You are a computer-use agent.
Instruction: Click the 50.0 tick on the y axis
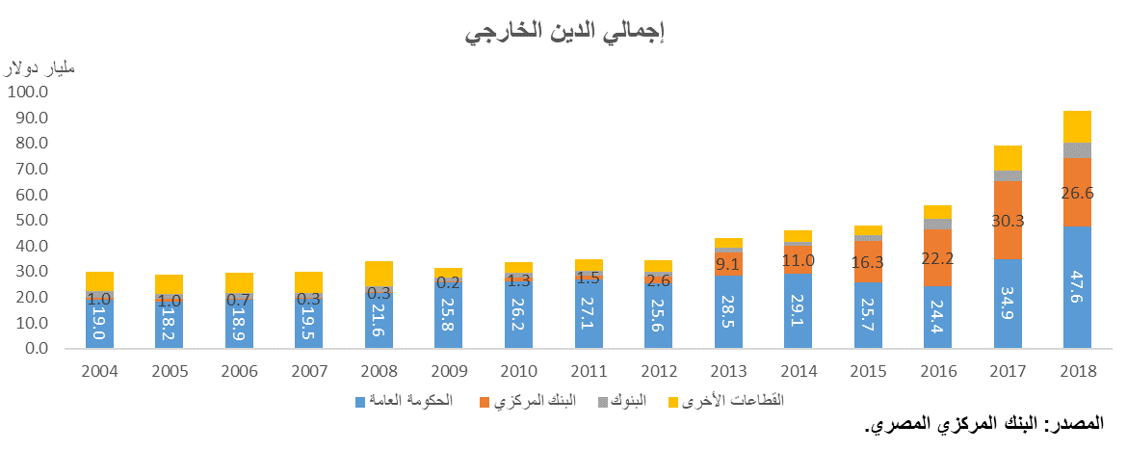point(30,221)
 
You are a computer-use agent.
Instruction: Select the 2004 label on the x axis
point(99,371)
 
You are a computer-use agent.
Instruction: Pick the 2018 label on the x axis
point(1077,371)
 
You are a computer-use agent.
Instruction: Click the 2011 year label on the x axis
point(589,371)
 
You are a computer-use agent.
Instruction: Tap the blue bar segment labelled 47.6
point(1077,287)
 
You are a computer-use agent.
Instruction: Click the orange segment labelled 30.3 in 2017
point(1008,220)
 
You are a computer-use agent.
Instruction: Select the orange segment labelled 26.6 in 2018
point(1077,193)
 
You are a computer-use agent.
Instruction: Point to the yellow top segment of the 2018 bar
point(1077,126)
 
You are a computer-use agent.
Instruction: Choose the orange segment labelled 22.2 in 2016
point(937,257)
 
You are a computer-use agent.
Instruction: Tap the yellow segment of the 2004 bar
point(99,280)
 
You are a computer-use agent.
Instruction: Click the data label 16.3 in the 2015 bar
point(868,261)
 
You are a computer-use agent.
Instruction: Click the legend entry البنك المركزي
point(533,400)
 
